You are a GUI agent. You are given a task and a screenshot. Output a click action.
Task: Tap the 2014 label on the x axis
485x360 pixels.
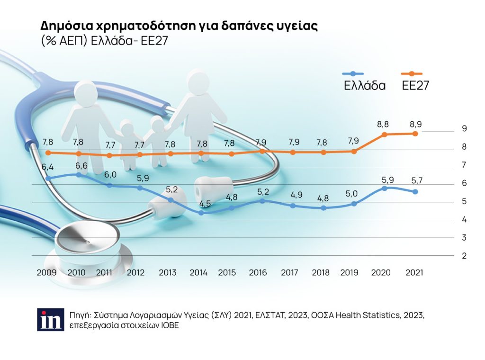coord(198,273)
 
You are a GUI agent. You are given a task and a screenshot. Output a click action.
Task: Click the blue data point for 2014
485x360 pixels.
coord(201,213)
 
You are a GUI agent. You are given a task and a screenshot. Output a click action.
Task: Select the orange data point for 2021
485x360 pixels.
coord(415,134)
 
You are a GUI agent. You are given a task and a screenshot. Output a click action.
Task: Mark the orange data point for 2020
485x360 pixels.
coord(384,135)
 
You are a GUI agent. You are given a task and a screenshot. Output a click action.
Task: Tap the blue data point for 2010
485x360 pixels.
coord(79,174)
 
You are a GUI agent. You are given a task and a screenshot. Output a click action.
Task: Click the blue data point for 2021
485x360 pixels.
coord(415,192)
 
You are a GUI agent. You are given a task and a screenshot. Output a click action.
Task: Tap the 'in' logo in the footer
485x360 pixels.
coord(50,319)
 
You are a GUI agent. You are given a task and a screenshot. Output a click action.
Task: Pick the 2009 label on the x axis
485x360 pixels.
coord(46,273)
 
